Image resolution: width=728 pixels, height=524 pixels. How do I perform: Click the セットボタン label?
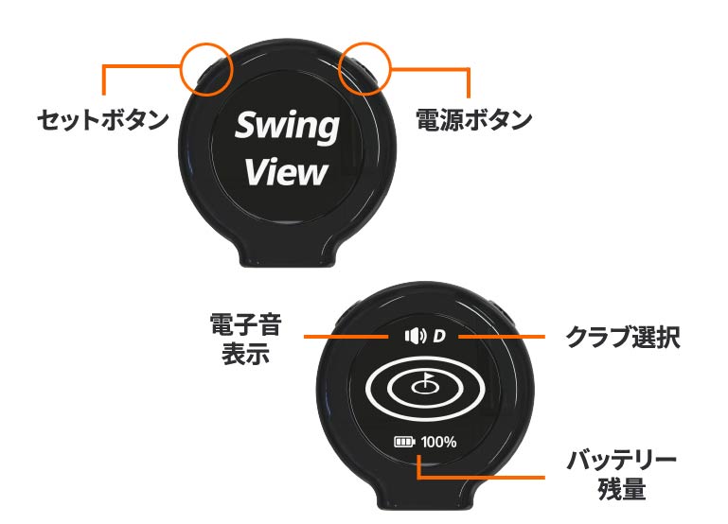pos(102,121)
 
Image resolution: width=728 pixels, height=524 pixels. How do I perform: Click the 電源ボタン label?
pos(474,121)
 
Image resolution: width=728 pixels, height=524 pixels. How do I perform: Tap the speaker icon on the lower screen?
pos(415,336)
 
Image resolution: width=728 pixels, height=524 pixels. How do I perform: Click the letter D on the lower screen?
pos(439,336)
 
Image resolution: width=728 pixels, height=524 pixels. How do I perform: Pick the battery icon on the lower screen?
pos(406,441)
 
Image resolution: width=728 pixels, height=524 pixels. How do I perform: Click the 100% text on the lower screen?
pos(439,441)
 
